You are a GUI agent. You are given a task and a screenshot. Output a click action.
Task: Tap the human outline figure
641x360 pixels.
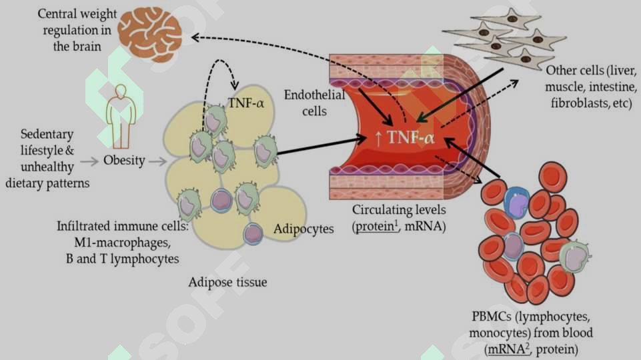(x=121, y=117)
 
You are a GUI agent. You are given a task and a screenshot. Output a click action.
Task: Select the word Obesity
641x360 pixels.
(x=124, y=161)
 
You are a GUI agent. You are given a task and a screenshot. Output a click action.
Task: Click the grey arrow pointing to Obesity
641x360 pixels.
(x=90, y=162)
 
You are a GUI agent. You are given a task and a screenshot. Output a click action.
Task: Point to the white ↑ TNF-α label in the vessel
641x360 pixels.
(x=404, y=138)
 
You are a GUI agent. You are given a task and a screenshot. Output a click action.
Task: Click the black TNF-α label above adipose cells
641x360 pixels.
(x=245, y=103)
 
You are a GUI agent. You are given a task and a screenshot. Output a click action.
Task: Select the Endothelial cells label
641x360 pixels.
(x=314, y=103)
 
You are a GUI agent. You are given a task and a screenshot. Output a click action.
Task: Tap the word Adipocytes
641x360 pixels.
(x=303, y=229)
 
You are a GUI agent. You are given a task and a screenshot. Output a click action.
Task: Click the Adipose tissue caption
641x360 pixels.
(x=227, y=282)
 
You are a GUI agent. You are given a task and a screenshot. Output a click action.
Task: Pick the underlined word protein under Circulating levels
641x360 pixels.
(x=376, y=227)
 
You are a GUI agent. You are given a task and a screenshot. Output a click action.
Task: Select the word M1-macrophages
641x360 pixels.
(x=122, y=243)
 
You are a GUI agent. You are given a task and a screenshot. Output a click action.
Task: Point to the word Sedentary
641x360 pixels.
(x=47, y=134)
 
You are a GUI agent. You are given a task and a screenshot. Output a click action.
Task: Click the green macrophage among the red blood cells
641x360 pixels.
(x=574, y=256)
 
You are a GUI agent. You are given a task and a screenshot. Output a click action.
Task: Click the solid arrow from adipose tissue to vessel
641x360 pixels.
(x=322, y=145)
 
